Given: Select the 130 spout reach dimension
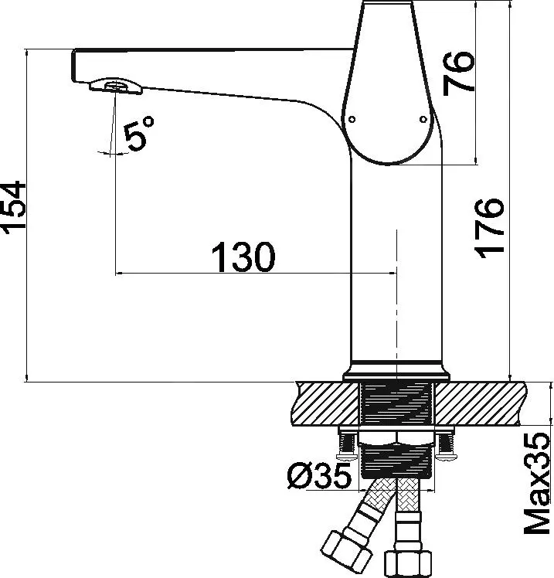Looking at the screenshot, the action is pos(243,257).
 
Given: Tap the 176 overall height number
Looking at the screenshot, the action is pos(489,228).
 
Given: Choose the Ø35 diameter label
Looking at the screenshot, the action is pos(319,476).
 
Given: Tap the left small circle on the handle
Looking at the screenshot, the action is pos(352,119).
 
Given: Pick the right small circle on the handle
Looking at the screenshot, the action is pos(423,119).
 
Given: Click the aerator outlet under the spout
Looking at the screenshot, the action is pos(116,86).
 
